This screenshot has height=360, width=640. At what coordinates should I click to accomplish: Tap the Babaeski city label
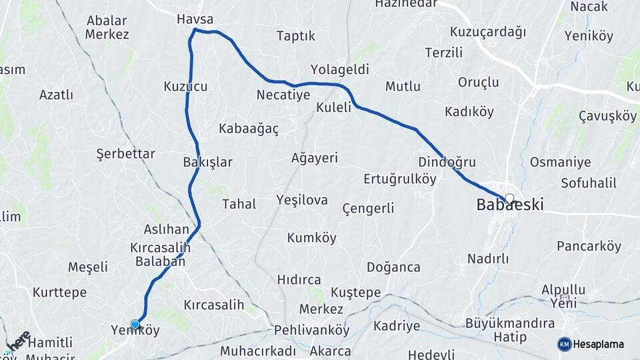pos(509,205)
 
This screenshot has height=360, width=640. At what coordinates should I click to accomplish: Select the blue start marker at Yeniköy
pos(135,325)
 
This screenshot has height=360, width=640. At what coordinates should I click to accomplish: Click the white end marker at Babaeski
pos(510,198)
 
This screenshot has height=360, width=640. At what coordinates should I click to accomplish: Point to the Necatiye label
pos(283,95)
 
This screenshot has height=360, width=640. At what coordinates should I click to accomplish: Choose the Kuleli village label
pos(333,108)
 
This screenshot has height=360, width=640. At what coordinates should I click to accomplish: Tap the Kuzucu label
pos(185,86)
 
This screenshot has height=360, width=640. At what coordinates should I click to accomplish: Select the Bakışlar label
pos(207,162)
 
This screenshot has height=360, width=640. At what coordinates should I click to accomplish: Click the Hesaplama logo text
pos(599,344)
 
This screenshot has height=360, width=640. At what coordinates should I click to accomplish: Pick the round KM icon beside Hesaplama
pos(565,344)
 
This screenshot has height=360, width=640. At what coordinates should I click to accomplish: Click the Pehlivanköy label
pos(312,330)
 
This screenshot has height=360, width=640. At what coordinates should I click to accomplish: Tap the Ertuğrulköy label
pos(399,179)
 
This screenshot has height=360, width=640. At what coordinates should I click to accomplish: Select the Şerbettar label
pos(125,154)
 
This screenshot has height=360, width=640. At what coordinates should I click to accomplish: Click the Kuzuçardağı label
pos(488,32)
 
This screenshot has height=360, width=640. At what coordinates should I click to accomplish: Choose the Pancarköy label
pos(589,247)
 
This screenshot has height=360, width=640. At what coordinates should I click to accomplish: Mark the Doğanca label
pos(393,267)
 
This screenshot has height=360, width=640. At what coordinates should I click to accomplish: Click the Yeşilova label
pos(301,200)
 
